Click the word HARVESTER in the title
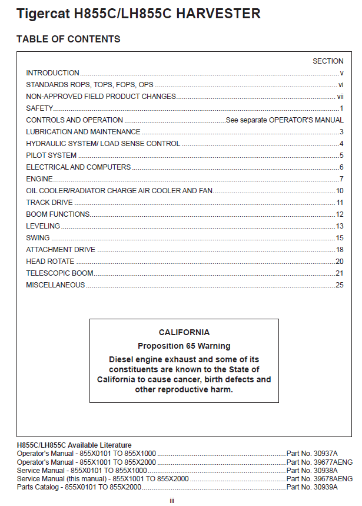pos(219,14)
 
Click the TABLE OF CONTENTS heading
pos(68,39)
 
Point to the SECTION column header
pos(328,61)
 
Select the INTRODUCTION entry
pos(52,73)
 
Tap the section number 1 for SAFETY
pos(341,108)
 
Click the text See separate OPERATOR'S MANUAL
pos(285,120)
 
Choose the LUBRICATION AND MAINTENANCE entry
pos(83,132)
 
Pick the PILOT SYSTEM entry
pos(51,156)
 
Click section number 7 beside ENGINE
pos(341,179)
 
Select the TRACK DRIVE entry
pos(49,203)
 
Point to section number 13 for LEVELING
pos(340,226)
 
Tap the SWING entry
pos(38,238)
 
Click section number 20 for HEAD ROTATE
pos(340,262)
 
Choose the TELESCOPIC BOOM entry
pos(59,273)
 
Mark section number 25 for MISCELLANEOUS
pos(340,285)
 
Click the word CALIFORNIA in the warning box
pos(184,332)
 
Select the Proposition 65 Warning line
pos(184,346)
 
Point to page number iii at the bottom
pos(172,500)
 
